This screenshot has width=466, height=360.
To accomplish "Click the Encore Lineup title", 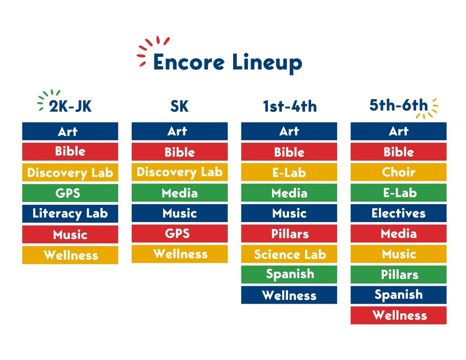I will click(x=227, y=62).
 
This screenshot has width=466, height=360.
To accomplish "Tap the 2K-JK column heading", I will click(x=70, y=106).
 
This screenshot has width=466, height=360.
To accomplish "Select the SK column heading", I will click(x=179, y=106).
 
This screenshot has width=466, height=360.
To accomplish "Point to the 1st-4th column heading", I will click(x=289, y=106).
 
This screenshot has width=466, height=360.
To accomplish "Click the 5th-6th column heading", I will click(x=398, y=105).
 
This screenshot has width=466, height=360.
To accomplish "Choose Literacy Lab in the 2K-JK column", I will click(x=70, y=214).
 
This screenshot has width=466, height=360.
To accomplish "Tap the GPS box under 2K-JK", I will click(x=70, y=193).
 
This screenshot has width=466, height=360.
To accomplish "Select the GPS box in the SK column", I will click(x=179, y=233).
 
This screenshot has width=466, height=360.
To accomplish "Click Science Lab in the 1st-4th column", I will click(x=289, y=254).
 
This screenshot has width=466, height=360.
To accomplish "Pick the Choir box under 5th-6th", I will click(x=398, y=172).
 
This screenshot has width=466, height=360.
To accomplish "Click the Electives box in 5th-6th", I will click(x=398, y=213).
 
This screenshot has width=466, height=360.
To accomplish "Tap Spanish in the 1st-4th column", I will click(x=289, y=274).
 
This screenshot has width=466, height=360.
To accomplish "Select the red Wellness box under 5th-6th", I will click(x=398, y=315).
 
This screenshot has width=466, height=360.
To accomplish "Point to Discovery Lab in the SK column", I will click(x=179, y=172).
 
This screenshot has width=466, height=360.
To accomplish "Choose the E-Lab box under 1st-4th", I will click(x=289, y=172).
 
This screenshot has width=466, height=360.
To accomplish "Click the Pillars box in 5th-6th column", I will click(x=398, y=274).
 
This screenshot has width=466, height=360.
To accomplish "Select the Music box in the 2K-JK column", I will click(x=70, y=234).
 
